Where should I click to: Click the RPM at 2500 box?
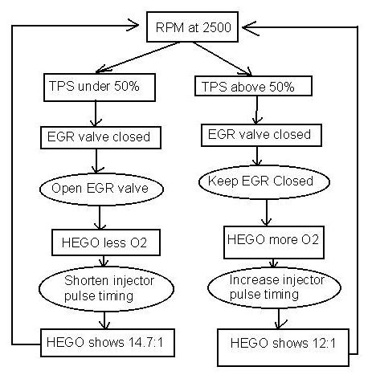click(x=192, y=27)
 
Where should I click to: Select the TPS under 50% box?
click(x=100, y=88)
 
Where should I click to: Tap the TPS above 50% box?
click(x=253, y=86)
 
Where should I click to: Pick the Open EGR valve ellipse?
click(x=101, y=189)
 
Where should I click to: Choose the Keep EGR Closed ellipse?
click(x=264, y=181)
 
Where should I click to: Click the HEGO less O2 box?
click(x=106, y=242)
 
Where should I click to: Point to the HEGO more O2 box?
click(x=274, y=242)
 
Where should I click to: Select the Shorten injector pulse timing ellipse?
click(x=106, y=289)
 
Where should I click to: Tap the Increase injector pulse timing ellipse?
click(x=274, y=287)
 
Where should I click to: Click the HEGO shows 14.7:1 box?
click(x=108, y=343)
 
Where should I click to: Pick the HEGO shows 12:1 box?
click(x=284, y=348)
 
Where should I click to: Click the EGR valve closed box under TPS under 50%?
click(x=100, y=137)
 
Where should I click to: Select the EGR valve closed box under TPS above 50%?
click(x=261, y=135)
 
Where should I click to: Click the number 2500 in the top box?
click(x=217, y=27)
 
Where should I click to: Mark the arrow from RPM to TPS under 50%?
click(x=137, y=57)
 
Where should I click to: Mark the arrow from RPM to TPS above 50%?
click(x=223, y=59)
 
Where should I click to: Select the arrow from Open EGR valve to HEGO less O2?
click(x=100, y=218)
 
